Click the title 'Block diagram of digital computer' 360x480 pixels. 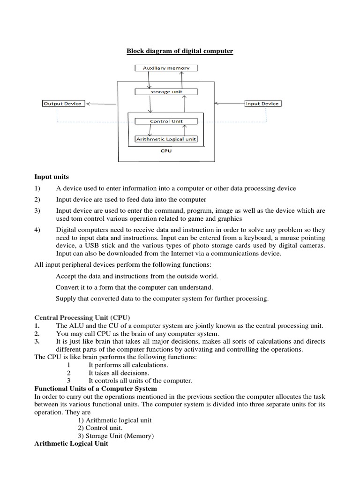180,51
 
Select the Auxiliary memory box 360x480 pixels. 166,68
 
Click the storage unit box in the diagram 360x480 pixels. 166,92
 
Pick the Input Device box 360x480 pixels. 263,104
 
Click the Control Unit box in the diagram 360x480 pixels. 166,121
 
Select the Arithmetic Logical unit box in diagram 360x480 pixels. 166,139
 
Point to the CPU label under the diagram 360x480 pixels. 166,151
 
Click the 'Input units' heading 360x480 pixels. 52,177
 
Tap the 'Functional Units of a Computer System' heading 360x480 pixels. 96,389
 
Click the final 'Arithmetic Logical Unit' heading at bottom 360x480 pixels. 71,443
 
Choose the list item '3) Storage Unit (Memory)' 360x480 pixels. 116,436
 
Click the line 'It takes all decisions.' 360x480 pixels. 119,373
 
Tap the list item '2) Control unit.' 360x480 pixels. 100,428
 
